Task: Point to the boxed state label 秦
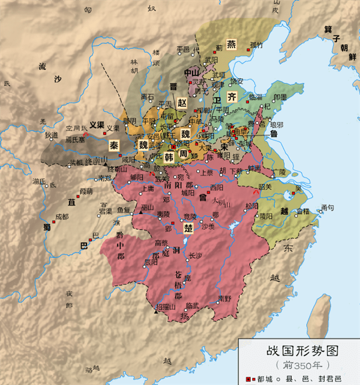pyautogui.click(x=113, y=145)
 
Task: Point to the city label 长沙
pyautogui.click(x=196, y=255)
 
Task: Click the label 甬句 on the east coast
pyautogui.click(x=328, y=207)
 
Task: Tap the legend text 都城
pyautogui.click(x=265, y=378)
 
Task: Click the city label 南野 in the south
pyautogui.click(x=224, y=298)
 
